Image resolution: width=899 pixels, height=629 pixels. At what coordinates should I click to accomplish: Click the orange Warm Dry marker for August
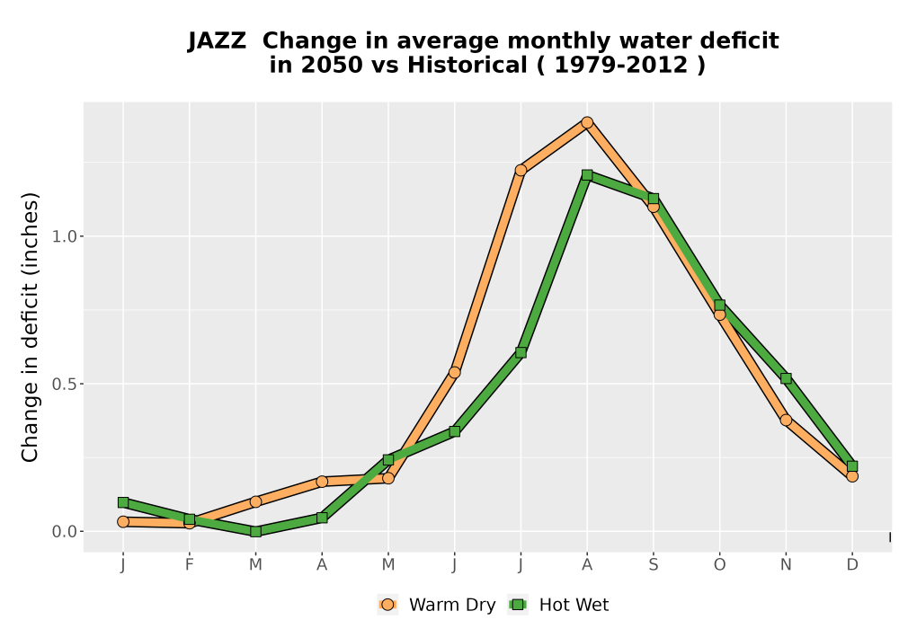pyautogui.click(x=586, y=122)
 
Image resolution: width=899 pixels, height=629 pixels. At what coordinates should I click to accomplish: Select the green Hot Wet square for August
pyautogui.click(x=586, y=174)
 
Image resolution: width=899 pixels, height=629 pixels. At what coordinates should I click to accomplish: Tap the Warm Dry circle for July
pyautogui.click(x=521, y=170)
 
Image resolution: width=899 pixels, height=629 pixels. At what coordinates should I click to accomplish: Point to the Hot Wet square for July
pyautogui.click(x=521, y=352)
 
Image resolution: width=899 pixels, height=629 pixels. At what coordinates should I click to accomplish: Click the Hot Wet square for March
pyautogui.click(x=255, y=531)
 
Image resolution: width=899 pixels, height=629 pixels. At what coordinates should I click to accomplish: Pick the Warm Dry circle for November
pyautogui.click(x=786, y=420)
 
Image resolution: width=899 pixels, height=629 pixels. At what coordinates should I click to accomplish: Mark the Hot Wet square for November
pyautogui.click(x=786, y=378)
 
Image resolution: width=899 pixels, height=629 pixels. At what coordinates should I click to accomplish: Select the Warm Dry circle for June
pyautogui.click(x=454, y=372)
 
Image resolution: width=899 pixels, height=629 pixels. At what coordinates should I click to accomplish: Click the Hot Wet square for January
pyautogui.click(x=123, y=502)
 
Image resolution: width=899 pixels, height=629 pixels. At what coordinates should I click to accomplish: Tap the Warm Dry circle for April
pyautogui.click(x=322, y=482)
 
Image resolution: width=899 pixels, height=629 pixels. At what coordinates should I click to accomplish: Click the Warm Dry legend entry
pyautogui.click(x=436, y=605)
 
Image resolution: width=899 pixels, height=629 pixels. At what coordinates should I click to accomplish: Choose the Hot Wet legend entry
pyautogui.click(x=558, y=605)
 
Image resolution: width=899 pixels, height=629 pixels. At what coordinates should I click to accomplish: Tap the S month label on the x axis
pyautogui.click(x=653, y=565)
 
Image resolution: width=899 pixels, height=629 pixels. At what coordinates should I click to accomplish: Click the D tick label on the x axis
pyautogui.click(x=852, y=565)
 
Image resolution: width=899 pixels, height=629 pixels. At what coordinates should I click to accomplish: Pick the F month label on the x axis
pyautogui.click(x=189, y=565)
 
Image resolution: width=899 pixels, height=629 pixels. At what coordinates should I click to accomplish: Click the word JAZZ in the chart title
pyautogui.click(x=218, y=41)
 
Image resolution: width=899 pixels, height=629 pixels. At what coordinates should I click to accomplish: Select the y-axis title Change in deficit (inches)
pyautogui.click(x=30, y=327)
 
